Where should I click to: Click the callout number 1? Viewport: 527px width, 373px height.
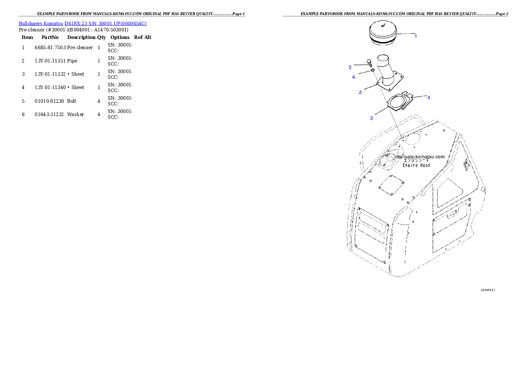click(415, 36)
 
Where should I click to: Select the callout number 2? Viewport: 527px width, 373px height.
click(360, 92)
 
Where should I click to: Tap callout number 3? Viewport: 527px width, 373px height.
click(371, 118)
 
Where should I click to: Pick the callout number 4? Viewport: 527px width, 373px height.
click(428, 97)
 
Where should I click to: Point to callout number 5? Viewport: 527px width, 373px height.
click(350, 67)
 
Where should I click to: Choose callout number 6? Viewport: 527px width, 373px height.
click(353, 77)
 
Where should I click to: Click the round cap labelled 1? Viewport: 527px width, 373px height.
click(384, 33)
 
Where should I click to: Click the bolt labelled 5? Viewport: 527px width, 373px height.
click(369, 65)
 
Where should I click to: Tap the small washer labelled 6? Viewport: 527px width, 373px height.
click(373, 71)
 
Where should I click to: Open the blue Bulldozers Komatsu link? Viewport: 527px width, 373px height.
click(82, 23)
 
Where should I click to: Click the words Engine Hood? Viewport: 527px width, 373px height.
click(416, 165)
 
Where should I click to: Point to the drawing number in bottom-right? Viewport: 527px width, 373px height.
click(488, 290)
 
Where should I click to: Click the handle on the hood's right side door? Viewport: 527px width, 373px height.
click(453, 217)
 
